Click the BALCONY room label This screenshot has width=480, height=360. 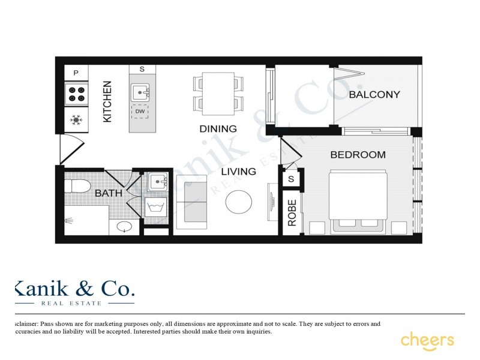coord(374,95)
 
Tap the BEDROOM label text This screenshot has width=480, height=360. coord(358,155)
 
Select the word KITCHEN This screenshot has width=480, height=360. coord(107,102)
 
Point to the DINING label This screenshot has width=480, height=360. coord(218,128)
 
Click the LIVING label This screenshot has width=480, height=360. coord(238,172)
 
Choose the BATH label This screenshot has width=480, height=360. coord(109,193)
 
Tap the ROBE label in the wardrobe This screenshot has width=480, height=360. coord(292,212)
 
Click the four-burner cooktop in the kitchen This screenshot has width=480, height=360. coord(76,94)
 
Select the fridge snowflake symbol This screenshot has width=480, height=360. coord(76,121)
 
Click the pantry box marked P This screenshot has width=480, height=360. coord(76,73)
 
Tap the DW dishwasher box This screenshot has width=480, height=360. coord(140,112)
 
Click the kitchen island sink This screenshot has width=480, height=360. coord(141,92)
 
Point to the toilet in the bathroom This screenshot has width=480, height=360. coord(77,185)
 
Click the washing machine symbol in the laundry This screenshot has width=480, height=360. coord(155,208)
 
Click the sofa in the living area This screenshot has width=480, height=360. coord(191,203)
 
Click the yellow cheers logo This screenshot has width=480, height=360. coord(427,340)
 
